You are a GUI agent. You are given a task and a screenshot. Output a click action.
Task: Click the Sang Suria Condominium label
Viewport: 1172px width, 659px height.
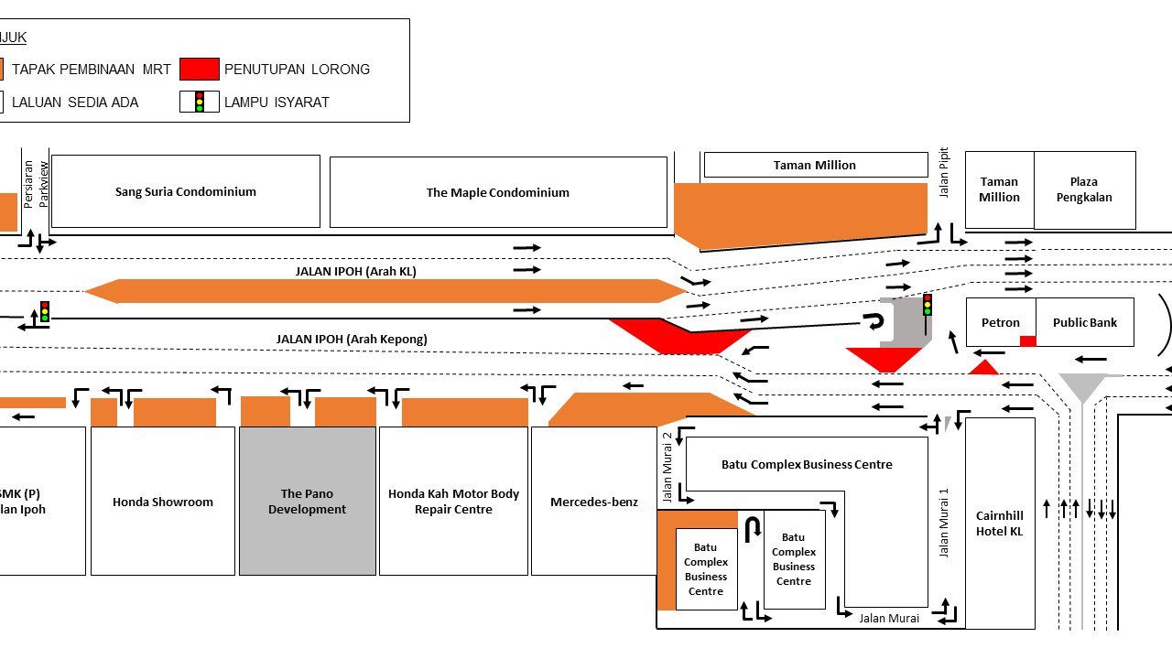(186, 192)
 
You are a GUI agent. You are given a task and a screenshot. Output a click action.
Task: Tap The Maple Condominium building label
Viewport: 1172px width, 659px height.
(497, 193)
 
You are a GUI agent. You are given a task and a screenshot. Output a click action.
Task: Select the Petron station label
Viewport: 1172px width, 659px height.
(1001, 322)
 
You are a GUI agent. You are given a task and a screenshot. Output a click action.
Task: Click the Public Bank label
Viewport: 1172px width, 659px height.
(1084, 322)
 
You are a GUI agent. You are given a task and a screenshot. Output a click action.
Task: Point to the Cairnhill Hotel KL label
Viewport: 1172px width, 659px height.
(999, 524)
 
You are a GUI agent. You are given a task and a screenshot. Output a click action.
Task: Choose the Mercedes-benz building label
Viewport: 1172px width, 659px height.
(593, 502)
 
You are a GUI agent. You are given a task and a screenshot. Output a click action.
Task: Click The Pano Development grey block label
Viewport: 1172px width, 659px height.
(307, 502)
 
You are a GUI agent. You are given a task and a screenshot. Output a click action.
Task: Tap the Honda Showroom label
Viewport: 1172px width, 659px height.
(163, 502)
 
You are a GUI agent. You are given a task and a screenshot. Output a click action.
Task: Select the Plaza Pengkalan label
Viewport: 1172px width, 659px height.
(1084, 189)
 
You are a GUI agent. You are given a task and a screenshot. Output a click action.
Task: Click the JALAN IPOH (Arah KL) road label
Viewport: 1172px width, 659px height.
(355, 271)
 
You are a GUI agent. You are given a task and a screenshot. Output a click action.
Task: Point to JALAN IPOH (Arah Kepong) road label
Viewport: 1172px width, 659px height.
(352, 339)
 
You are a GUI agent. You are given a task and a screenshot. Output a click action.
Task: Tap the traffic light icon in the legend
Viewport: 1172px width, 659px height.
(200, 102)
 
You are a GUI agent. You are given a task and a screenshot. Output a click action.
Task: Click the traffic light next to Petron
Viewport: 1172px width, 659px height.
(927, 305)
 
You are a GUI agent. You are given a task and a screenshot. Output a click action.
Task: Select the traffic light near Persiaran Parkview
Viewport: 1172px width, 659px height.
(44, 311)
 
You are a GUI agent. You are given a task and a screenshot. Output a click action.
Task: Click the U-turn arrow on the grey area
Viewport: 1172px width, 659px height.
(874, 321)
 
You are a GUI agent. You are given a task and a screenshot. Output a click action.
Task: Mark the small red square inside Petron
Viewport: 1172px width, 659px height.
(1027, 340)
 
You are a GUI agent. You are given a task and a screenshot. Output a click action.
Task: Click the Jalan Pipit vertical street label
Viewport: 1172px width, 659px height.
(944, 172)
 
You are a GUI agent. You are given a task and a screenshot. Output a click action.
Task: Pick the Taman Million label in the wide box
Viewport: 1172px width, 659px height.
(815, 166)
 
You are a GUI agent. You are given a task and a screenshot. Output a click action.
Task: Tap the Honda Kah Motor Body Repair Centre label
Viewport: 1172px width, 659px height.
(453, 502)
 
